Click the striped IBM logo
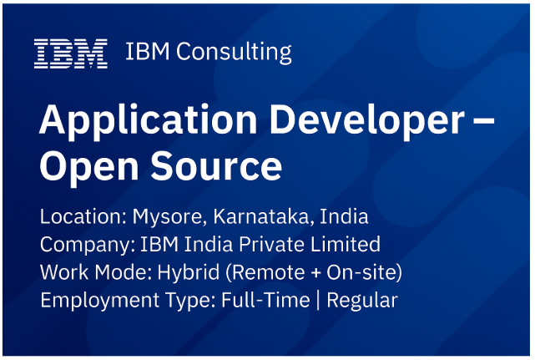coord(71,53)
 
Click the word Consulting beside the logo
coord(234,53)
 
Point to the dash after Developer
coord(484,120)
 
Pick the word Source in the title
coord(216,165)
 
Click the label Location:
coord(83,216)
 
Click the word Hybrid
coord(188,273)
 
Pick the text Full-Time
coord(265,300)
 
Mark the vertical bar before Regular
coord(318,301)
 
